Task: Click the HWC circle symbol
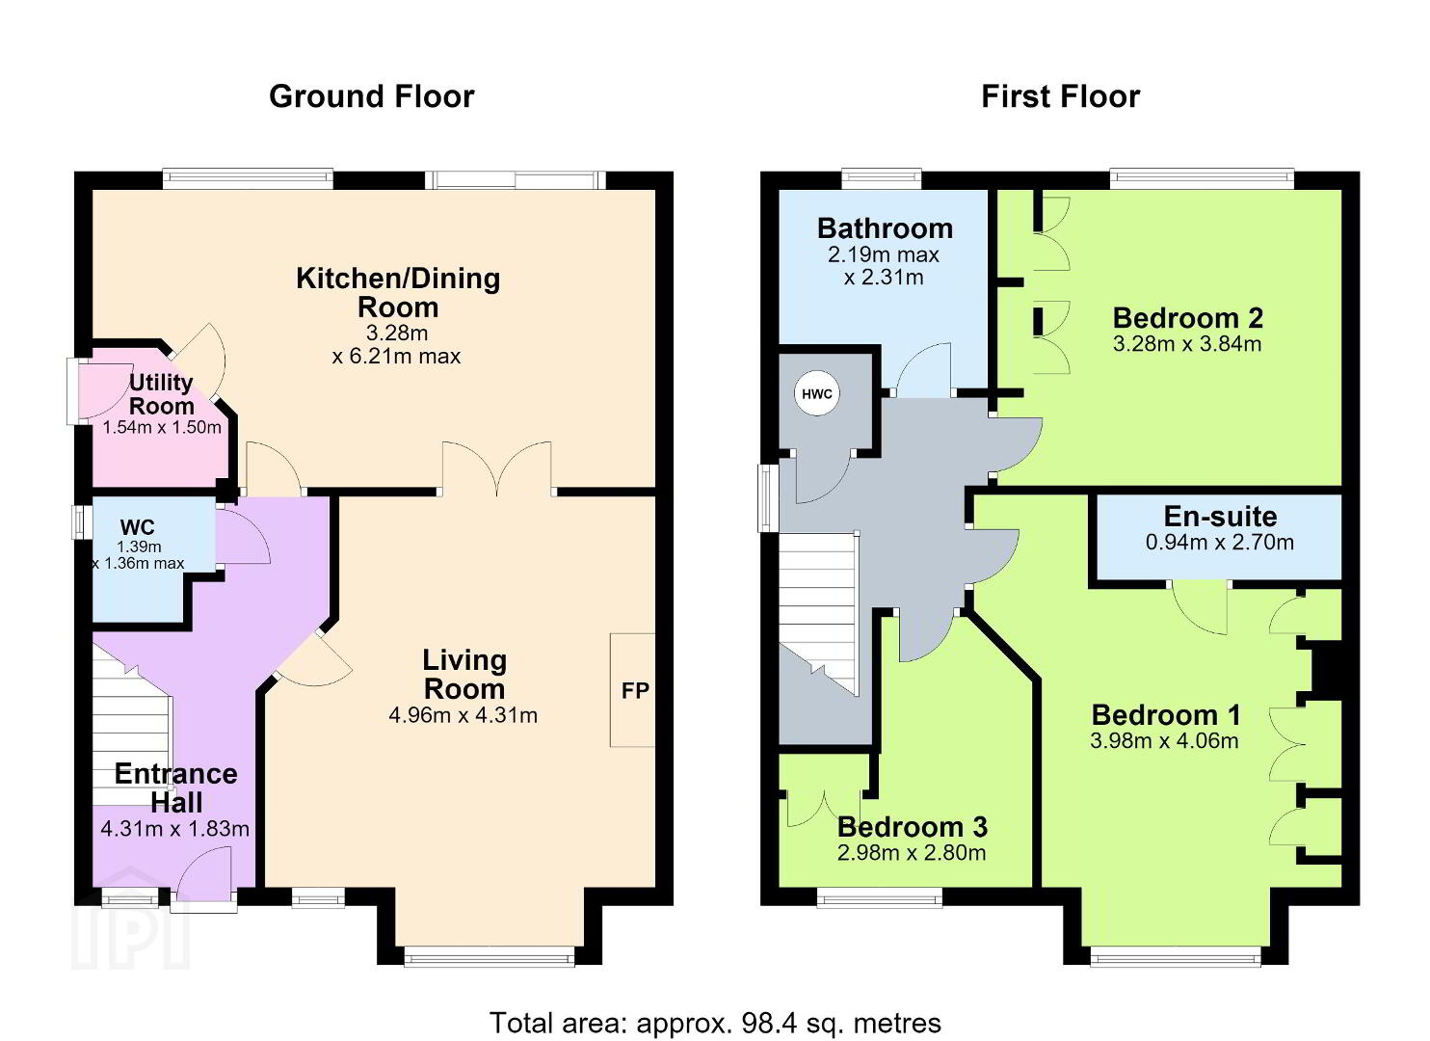[816, 393]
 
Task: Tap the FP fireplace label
[635, 690]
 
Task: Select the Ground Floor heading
[372, 97]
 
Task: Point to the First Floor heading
[1060, 97]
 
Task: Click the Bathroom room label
[885, 228]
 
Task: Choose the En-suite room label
[1220, 516]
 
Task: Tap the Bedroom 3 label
[913, 827]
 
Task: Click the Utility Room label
[162, 394]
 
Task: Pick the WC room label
[137, 527]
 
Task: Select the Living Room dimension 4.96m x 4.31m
[463, 715]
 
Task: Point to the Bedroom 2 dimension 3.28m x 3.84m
[1187, 344]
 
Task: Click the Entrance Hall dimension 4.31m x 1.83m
[175, 829]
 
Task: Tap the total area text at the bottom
[715, 1023]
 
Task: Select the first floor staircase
[818, 614]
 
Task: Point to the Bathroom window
[882, 179]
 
